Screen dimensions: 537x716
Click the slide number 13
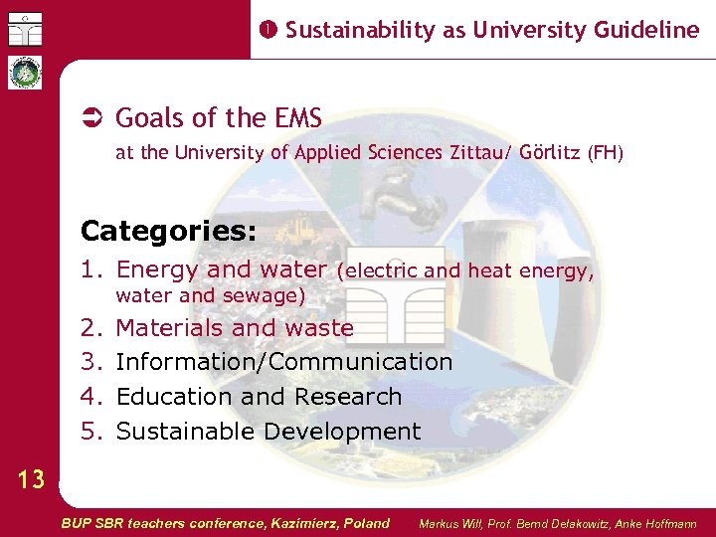[31, 480]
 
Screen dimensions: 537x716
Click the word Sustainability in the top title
[361, 30]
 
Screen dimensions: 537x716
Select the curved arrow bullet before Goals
[91, 118]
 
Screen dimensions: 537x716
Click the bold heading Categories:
[168, 232]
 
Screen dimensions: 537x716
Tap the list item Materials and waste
[235, 327]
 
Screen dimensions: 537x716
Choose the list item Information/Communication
[284, 362]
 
